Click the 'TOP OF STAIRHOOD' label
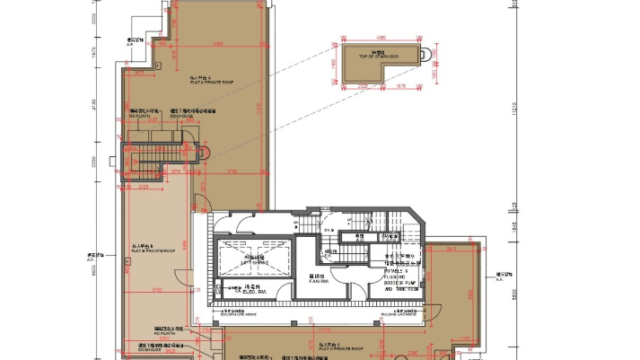[378, 57]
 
